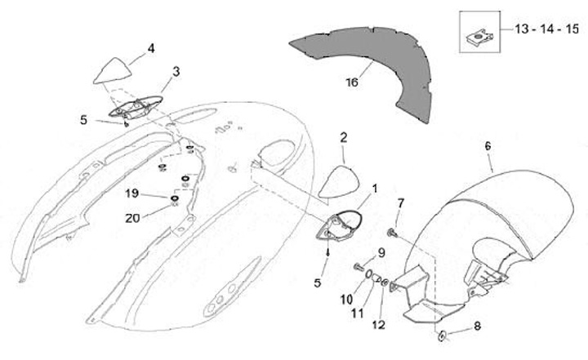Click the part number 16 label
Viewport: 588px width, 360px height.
click(352, 82)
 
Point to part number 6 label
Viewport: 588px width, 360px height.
click(488, 145)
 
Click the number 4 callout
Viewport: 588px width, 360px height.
click(150, 48)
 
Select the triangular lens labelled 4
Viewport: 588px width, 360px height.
click(112, 72)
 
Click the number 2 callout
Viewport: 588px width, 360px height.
click(344, 136)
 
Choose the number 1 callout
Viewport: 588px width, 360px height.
click(374, 189)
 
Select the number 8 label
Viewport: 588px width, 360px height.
click(477, 325)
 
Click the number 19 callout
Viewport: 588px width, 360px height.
click(131, 194)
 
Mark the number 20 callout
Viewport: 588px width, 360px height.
click(132, 217)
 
